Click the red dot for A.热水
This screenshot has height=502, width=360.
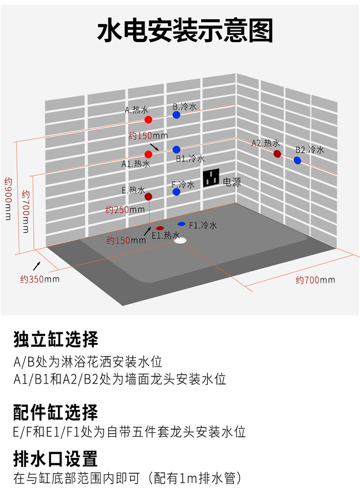click(148, 120)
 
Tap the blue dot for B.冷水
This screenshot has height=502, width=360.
click(176, 115)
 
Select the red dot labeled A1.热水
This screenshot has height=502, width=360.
click(148, 154)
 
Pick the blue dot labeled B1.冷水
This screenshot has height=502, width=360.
click(176, 149)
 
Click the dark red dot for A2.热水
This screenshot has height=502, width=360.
click(277, 154)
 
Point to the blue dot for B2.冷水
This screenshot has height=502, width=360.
click(297, 160)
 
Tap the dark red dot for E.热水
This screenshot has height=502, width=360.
click(148, 197)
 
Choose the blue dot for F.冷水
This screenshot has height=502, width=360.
click(176, 192)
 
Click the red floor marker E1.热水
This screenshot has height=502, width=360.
click(160, 228)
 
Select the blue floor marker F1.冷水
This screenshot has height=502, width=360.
click(182, 224)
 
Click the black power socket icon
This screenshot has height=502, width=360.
click(211, 177)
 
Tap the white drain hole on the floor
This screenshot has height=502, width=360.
click(180, 240)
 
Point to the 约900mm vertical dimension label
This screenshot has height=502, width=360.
click(8, 199)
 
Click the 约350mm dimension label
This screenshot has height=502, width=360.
click(40, 279)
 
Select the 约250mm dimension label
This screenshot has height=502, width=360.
click(125, 210)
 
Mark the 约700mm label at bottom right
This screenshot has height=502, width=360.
click(315, 280)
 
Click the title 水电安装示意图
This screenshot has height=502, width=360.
click(185, 31)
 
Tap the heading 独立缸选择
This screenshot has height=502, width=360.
click(56, 339)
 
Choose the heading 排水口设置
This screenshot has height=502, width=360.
click(56, 459)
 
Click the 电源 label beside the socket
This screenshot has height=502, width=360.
click(232, 182)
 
